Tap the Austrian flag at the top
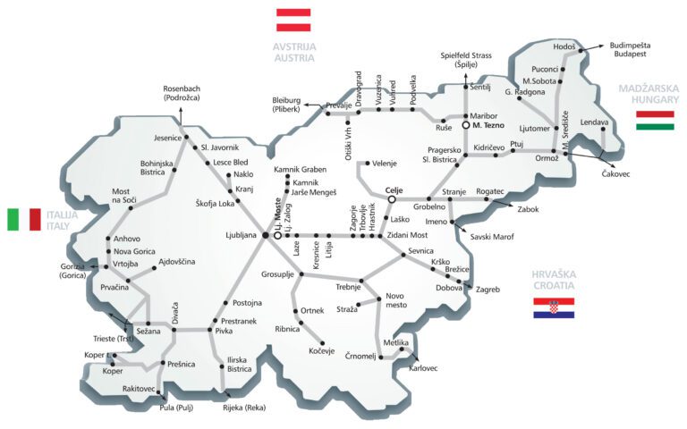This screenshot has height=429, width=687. click(x=293, y=20)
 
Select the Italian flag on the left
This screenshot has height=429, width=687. click(x=23, y=219)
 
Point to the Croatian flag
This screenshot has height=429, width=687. click(x=554, y=308)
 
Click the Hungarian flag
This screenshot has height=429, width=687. click(x=655, y=121)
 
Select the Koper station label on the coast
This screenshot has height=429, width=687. click(x=113, y=371)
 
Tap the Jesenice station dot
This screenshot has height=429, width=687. click(x=185, y=139)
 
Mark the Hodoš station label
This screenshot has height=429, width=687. click(x=565, y=46)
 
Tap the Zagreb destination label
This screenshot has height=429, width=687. click(x=488, y=290)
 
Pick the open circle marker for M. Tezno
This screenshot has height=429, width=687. click(x=465, y=126)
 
